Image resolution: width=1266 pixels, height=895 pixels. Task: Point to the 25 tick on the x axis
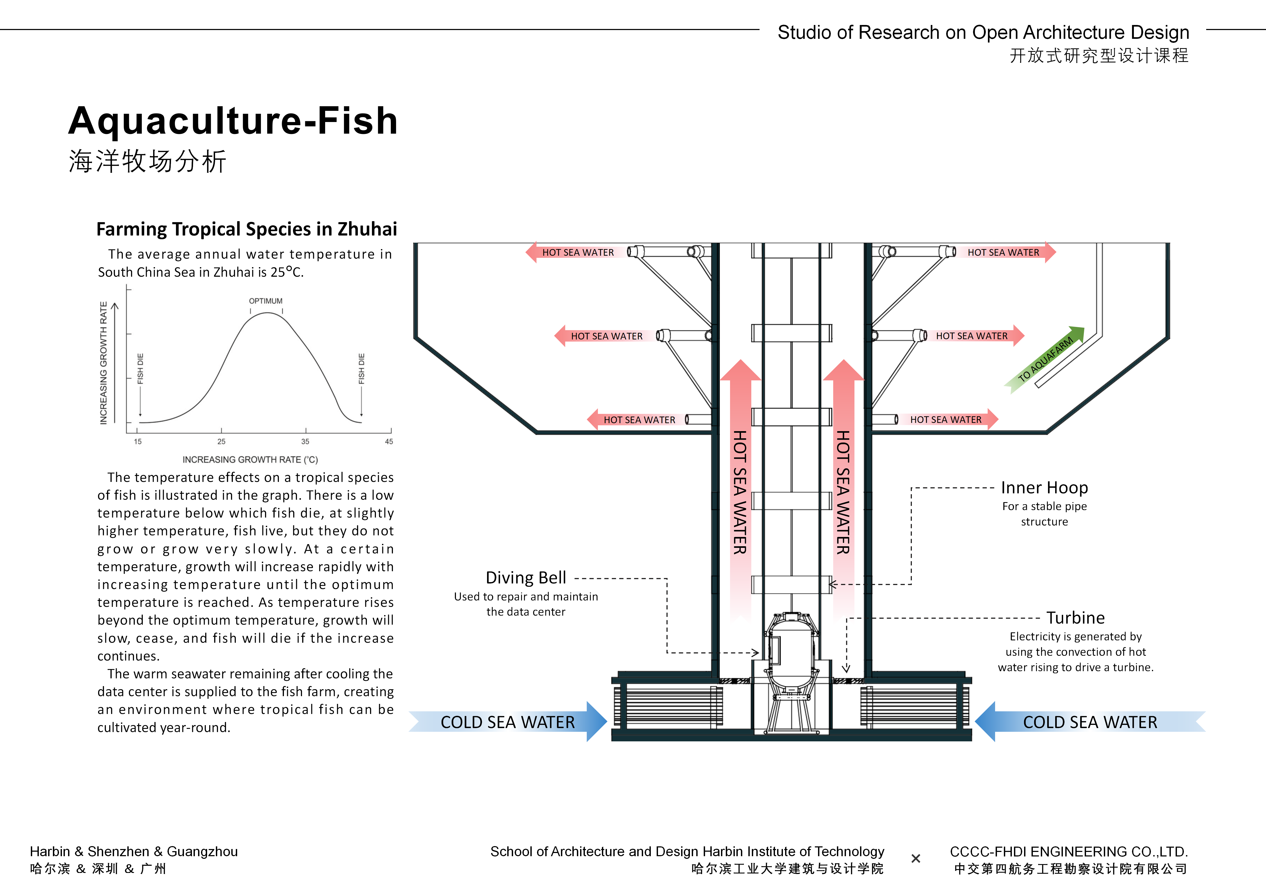(x=221, y=441)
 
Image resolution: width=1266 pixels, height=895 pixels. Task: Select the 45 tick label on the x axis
(x=389, y=441)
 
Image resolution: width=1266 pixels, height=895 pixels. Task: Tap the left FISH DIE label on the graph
(x=140, y=368)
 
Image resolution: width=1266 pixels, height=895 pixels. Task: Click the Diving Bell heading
(x=526, y=577)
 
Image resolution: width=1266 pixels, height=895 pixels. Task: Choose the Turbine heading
(x=1075, y=617)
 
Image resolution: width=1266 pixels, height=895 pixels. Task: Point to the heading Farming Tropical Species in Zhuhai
(x=246, y=229)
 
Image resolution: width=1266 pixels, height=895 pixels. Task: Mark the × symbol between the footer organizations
(x=915, y=859)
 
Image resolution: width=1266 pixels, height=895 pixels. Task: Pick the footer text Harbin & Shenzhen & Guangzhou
(x=134, y=851)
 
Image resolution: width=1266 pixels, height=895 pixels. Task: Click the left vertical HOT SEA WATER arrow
(x=740, y=491)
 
